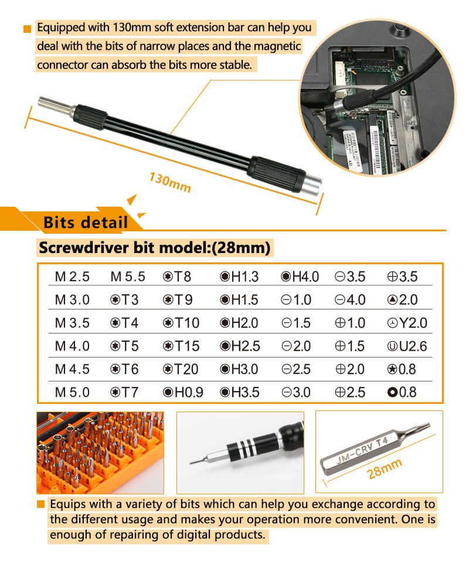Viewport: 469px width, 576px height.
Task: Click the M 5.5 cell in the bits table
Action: [x=127, y=277]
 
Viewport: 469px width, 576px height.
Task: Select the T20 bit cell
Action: [x=181, y=369]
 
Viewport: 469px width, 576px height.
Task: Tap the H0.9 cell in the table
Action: [x=183, y=392]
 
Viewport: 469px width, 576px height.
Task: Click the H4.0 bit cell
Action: [x=300, y=277]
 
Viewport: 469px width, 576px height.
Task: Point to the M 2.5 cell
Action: [x=72, y=277]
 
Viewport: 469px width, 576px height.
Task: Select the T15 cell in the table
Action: [x=181, y=346]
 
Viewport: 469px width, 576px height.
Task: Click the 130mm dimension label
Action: [x=170, y=182]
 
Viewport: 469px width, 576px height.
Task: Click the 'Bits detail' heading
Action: [x=86, y=223]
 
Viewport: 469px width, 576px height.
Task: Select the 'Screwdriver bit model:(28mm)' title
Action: [x=154, y=248]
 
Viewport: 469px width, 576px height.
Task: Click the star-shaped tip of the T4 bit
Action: [x=423, y=430]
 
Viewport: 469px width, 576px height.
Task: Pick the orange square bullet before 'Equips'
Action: [x=40, y=504]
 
